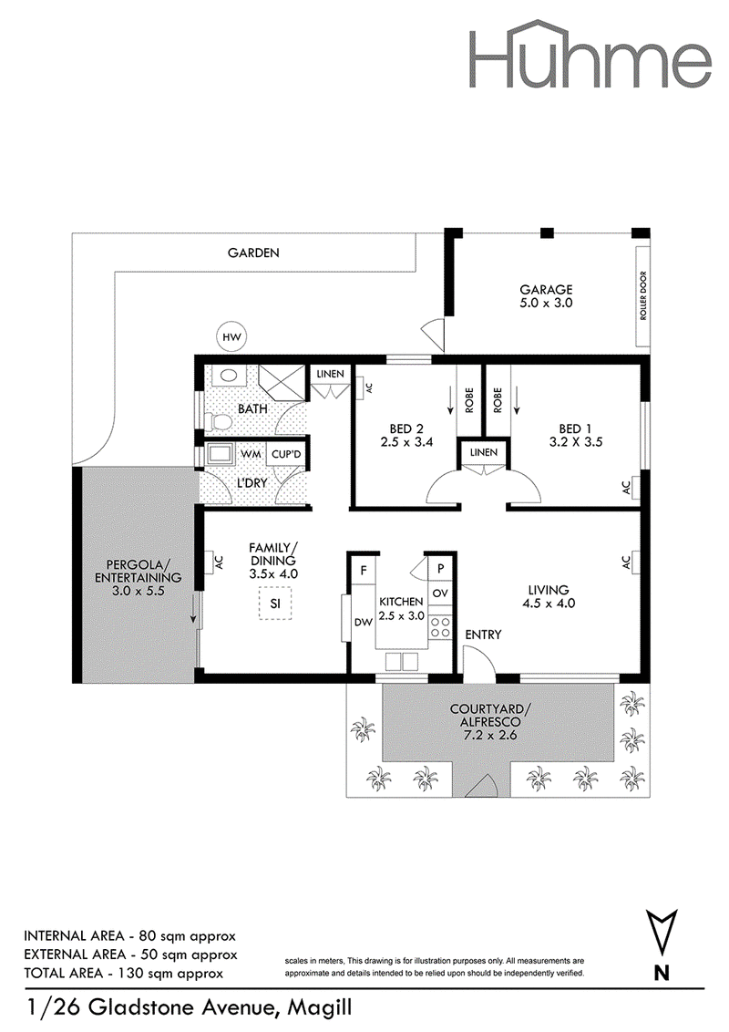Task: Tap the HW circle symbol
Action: click(x=231, y=337)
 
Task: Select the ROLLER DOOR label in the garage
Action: click(x=643, y=295)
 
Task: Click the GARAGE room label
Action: click(x=546, y=289)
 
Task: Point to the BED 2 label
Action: click(x=406, y=428)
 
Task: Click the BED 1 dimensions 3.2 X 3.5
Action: click(x=576, y=442)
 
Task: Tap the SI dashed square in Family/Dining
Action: click(x=275, y=604)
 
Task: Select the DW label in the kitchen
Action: click(x=364, y=622)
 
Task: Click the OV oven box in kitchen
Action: click(x=440, y=593)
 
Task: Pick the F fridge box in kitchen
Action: click(x=364, y=570)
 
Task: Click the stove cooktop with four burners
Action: click(x=440, y=628)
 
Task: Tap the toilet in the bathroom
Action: click(x=215, y=420)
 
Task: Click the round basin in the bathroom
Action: click(x=229, y=376)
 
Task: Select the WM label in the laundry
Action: click(x=251, y=454)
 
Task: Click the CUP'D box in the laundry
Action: click(x=286, y=454)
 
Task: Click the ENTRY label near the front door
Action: click(x=483, y=635)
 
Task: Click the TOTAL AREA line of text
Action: click(x=123, y=974)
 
